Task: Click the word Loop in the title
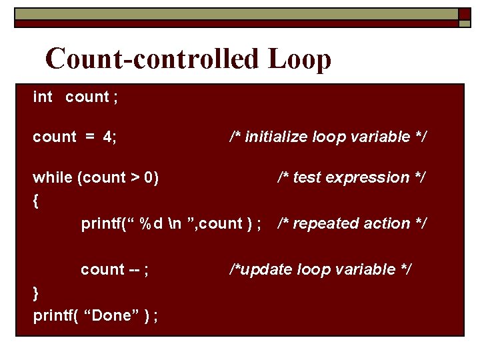pos(300,59)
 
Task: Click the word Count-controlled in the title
pos(153,59)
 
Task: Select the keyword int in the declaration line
pos(42,97)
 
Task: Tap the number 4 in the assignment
pos(108,137)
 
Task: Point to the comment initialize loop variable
pos(329,137)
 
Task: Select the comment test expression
pos(352,178)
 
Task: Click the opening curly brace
pos(36,200)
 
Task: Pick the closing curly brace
pos(36,293)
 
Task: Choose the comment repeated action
pos(352,224)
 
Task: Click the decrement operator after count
pos(135,270)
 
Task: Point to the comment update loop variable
pos(321,270)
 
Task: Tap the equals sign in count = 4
pos(89,137)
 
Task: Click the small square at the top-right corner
pos(465,14)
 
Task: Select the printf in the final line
pos(52,316)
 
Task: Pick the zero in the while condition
pos(150,178)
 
